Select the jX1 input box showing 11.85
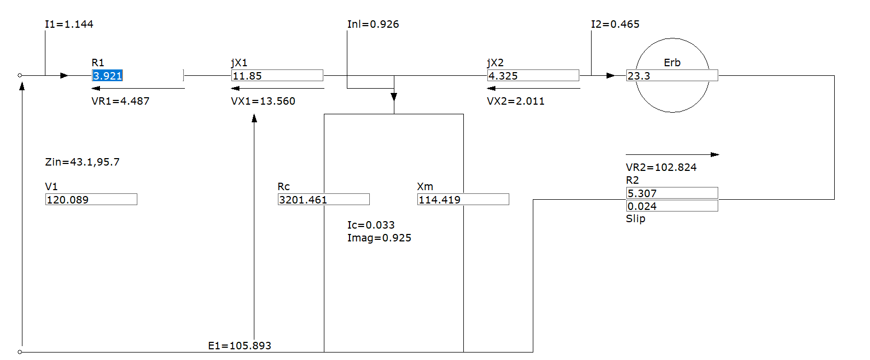point(277,75)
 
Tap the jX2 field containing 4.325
point(533,75)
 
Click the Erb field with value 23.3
point(672,75)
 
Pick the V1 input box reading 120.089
point(91,199)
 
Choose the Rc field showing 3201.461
point(323,199)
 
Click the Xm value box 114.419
point(463,199)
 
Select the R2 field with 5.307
point(672,193)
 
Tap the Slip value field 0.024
point(672,206)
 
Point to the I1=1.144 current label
point(69,24)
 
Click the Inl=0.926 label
point(373,24)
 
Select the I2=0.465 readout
point(615,24)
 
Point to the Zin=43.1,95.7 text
point(82,162)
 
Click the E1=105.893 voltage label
point(239,346)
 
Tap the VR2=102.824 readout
point(661,167)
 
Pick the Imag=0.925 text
point(379,238)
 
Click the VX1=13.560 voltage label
point(263,101)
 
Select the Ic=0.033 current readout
point(371,225)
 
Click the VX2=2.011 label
point(516,101)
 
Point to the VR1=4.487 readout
point(120,101)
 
